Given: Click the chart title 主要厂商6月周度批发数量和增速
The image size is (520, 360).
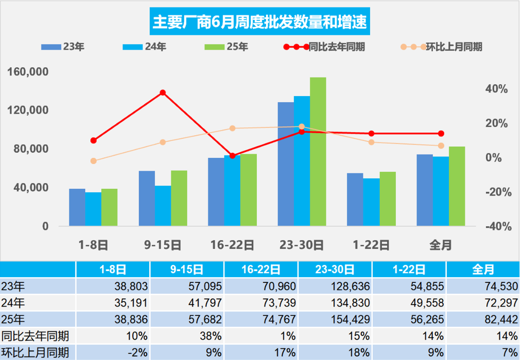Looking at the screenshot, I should (260, 21).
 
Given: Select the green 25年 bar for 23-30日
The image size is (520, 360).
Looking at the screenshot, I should (318, 151).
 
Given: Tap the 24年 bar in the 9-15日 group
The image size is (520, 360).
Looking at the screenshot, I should (163, 206).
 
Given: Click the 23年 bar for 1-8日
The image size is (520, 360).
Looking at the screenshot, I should (77, 207).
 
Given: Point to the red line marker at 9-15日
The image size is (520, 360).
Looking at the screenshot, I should (163, 93).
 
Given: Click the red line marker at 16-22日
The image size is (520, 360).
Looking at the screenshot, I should (232, 155).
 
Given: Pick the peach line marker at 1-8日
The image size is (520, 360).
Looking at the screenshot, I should (93, 161).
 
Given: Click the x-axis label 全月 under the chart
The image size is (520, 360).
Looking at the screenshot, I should (440, 245).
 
